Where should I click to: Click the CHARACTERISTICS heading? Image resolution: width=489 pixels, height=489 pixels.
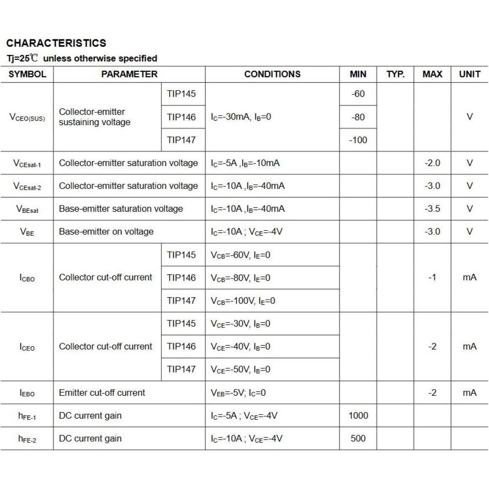[x=56, y=43]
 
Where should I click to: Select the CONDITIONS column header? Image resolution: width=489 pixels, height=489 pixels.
[x=272, y=74]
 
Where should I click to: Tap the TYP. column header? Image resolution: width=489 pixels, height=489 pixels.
[x=395, y=74]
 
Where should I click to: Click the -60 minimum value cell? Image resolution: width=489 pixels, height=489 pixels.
[x=358, y=94]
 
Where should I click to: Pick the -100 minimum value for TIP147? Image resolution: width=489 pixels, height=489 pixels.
[x=358, y=140]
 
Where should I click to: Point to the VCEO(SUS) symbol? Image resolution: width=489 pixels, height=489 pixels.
[x=27, y=117]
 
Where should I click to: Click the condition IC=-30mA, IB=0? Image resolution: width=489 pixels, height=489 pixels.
[x=241, y=117]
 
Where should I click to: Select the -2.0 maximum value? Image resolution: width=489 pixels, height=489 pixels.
[x=432, y=163]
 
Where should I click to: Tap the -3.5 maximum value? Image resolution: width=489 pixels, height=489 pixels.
[x=432, y=209]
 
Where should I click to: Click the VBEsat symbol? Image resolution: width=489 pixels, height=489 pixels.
[x=27, y=209]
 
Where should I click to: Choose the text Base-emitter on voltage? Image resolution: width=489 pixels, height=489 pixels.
[x=106, y=232]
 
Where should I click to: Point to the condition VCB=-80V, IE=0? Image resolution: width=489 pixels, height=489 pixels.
[x=240, y=278]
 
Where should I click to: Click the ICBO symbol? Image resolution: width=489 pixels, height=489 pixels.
[x=27, y=278]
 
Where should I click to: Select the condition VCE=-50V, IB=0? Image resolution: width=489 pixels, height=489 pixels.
[x=240, y=369]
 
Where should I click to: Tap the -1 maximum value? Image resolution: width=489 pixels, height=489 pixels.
[x=432, y=278]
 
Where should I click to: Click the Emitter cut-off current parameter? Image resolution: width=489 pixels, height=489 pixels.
[x=102, y=393]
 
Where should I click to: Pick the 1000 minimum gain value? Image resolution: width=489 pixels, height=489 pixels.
[x=358, y=415]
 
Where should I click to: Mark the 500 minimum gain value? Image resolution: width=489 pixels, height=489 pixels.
[x=358, y=438]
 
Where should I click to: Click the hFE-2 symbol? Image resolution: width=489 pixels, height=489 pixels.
[x=27, y=439]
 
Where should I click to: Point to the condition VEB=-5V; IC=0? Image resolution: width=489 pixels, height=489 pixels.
[x=238, y=393]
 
